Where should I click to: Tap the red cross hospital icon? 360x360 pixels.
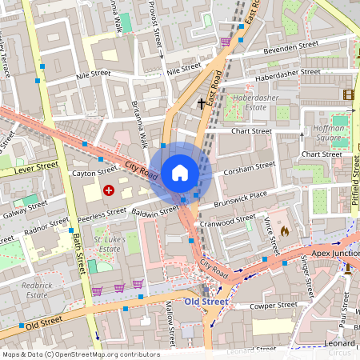click(108, 190)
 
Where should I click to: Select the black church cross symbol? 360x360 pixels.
click(201, 103)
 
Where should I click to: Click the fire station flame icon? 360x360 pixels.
click(285, 230)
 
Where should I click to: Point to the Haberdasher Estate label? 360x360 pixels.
click(249, 102)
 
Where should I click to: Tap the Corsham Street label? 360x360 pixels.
click(251, 168)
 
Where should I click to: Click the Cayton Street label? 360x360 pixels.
click(94, 172)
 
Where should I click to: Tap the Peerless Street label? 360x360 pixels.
click(102, 214)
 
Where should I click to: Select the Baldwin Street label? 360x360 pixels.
click(154, 212)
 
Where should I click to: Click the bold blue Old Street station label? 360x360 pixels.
click(206, 302)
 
